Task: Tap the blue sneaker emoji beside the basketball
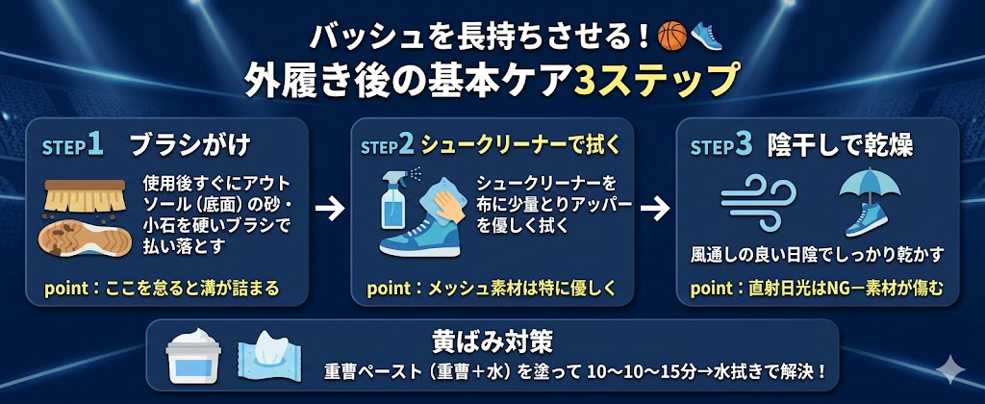(706, 38)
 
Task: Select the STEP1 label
(72, 146)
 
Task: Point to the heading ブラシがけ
(189, 146)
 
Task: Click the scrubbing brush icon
(86, 198)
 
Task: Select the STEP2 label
(388, 146)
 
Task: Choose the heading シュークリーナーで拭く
(520, 146)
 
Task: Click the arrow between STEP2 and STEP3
(654, 210)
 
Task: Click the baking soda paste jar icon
(192, 357)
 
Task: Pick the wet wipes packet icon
(269, 357)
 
